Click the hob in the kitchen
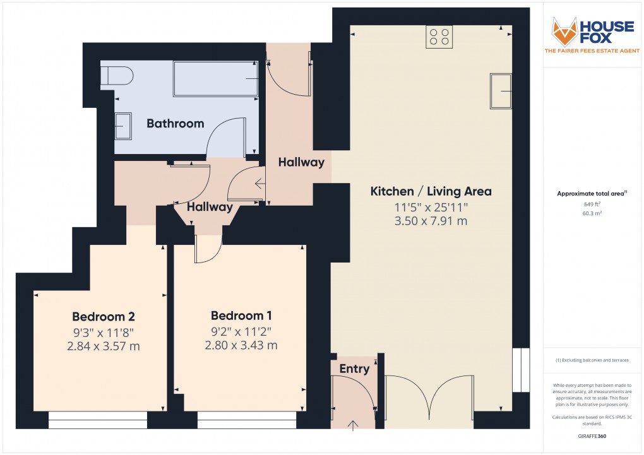tap(439, 37)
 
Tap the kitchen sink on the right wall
tap(501, 91)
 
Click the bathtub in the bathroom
tap(215, 79)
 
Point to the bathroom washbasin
tap(122, 126)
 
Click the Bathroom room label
tap(175, 124)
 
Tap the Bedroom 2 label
tap(103, 316)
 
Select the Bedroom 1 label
tap(242, 316)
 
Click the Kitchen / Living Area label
tap(431, 191)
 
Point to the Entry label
tap(354, 369)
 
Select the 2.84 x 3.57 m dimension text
tap(103, 346)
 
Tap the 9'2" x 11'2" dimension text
tap(241, 331)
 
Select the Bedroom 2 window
tap(98, 420)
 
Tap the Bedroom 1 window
tap(246, 420)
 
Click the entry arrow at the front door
tap(352, 424)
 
